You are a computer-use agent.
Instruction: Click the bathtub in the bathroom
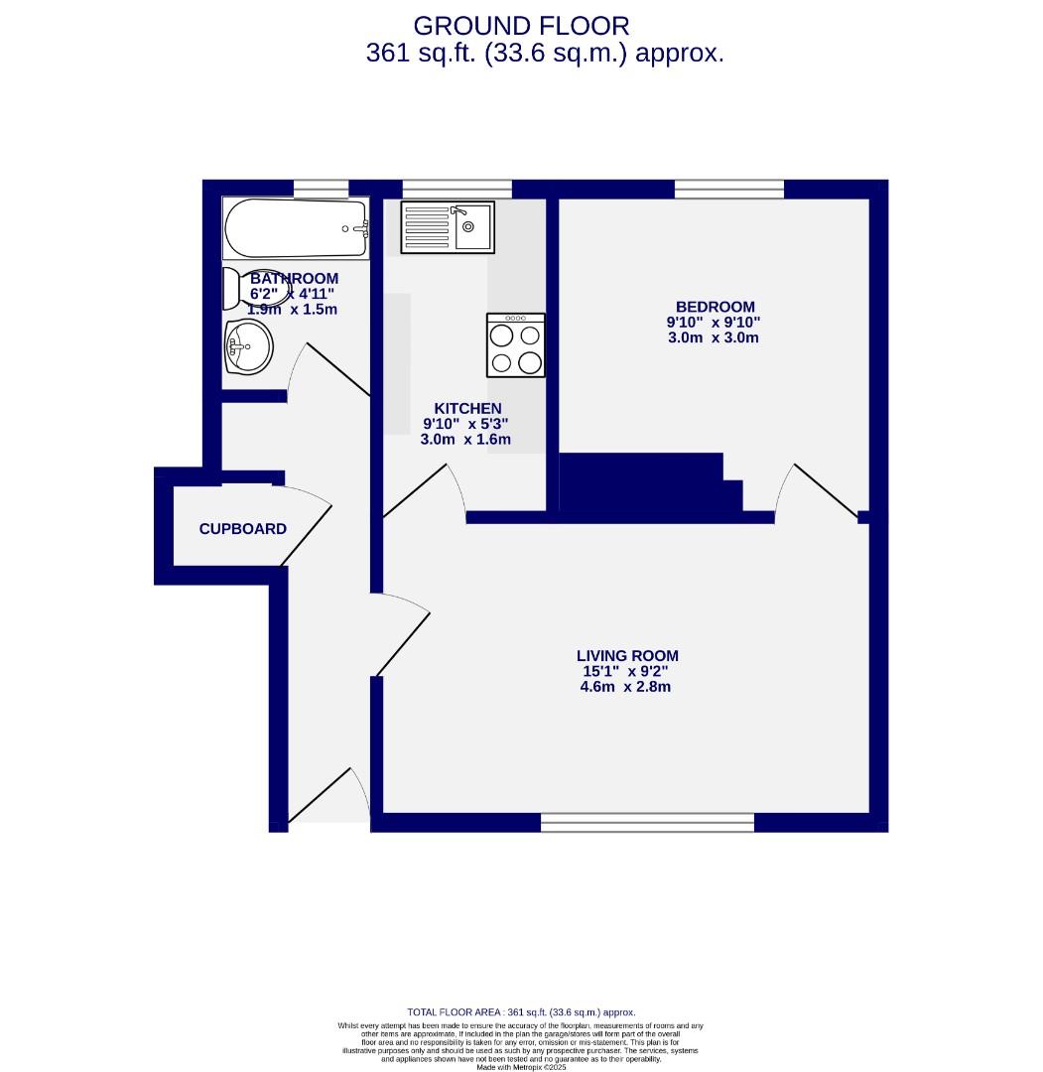(x=296, y=228)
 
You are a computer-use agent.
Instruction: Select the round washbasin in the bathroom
(x=248, y=347)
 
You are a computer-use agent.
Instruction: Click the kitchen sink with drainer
(x=447, y=226)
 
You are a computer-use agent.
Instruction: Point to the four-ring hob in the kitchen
(x=516, y=345)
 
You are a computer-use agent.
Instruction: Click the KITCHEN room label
(x=467, y=408)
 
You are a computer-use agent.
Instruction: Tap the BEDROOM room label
(x=715, y=307)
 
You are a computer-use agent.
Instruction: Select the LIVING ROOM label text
(x=627, y=655)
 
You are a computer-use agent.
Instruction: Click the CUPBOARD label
(x=242, y=529)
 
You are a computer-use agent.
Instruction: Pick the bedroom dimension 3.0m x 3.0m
(x=714, y=337)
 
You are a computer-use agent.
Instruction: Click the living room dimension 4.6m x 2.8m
(x=625, y=686)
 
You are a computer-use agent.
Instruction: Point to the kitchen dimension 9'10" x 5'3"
(x=465, y=424)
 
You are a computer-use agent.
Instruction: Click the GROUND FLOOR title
(x=521, y=26)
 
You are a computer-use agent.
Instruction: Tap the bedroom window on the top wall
(x=728, y=189)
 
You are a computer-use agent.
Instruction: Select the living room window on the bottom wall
(x=647, y=822)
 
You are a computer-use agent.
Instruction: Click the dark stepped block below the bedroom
(x=645, y=484)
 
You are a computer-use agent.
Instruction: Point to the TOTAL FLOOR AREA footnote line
(x=521, y=1011)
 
